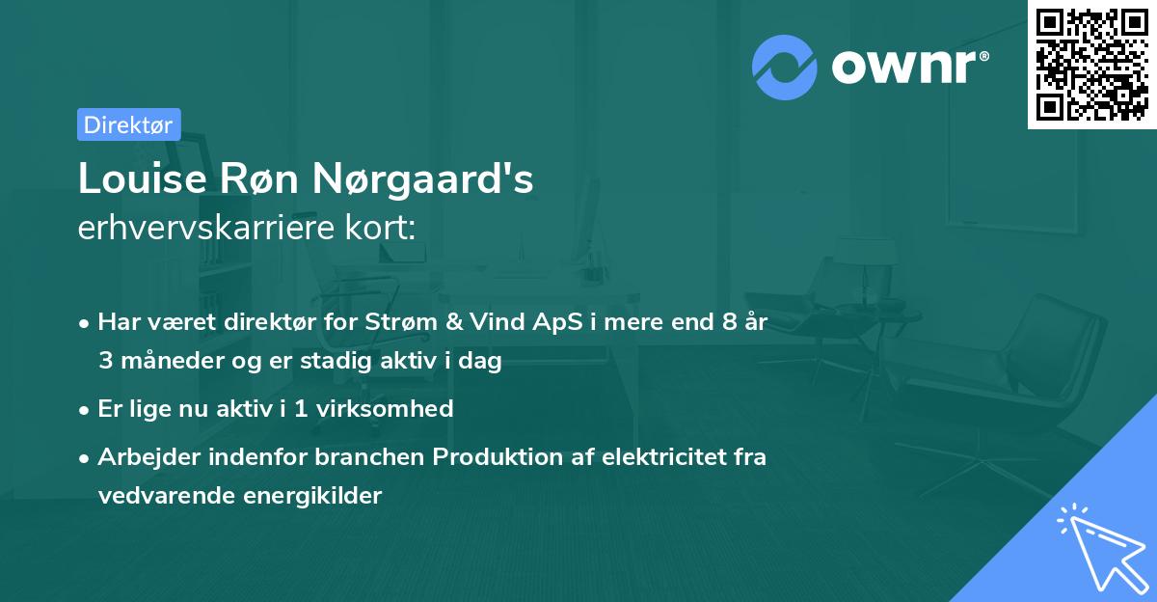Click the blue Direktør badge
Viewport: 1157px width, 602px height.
point(128,124)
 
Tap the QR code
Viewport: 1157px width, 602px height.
point(1092,65)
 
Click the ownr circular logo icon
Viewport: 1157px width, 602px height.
point(784,68)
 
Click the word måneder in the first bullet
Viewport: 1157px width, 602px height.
point(162,362)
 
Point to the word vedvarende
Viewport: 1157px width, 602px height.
point(160,496)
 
